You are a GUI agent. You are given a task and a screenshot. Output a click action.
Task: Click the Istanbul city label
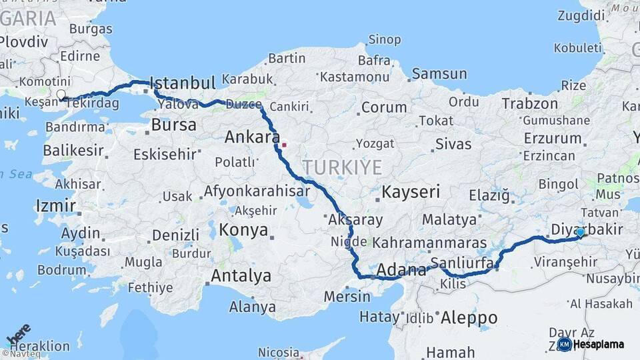[182, 83]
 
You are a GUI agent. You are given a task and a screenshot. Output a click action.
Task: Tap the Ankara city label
[252, 137]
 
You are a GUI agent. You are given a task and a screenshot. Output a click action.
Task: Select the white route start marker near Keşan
[61, 95]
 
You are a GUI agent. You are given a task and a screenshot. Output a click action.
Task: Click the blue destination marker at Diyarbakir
[580, 232]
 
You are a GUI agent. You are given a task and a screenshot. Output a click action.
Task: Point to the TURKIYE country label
[342, 167]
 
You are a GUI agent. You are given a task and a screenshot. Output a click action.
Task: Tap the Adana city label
[401, 270]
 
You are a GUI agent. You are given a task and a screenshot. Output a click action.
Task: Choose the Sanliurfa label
[461, 262]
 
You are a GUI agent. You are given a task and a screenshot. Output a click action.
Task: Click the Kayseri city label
[411, 193]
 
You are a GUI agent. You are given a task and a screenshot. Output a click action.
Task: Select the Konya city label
[243, 231]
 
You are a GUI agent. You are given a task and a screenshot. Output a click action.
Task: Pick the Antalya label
[241, 275]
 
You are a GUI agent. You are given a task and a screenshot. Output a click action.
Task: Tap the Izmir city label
[56, 205]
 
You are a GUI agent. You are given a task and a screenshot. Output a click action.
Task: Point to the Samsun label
[439, 74]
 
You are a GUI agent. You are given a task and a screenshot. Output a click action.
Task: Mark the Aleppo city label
[469, 317]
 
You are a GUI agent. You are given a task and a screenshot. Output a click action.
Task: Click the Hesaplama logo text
[599, 344]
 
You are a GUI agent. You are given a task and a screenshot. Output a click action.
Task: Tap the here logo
[18, 333]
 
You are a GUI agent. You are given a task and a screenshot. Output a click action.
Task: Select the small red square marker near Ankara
[284, 144]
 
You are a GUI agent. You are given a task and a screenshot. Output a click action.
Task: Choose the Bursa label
[173, 125]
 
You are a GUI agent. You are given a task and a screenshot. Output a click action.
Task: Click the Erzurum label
[553, 138]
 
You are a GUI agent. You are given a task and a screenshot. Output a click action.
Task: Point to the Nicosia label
[279, 351]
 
